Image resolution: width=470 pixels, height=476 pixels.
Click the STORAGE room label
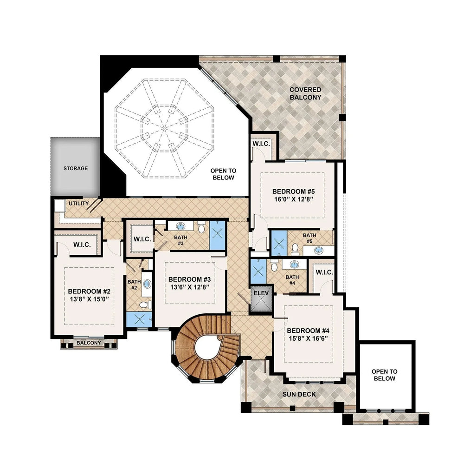pyautogui.click(x=75, y=168)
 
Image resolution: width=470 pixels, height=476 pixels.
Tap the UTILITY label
pyautogui.click(x=79, y=204)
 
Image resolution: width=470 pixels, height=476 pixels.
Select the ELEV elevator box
pyautogui.click(x=261, y=294)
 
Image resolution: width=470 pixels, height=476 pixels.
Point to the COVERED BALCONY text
pyautogui.click(x=305, y=93)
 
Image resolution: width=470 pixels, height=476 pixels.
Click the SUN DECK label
pyautogui.click(x=299, y=394)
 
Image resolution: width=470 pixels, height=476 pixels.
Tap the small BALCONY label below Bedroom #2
pyautogui.click(x=88, y=343)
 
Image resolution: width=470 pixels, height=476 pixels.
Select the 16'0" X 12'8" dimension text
pyautogui.click(x=293, y=199)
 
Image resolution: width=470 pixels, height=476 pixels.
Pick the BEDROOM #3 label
pyautogui.click(x=189, y=279)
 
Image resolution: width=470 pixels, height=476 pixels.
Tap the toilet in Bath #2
pyautogui.click(x=144, y=305)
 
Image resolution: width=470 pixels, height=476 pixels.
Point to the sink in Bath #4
pyautogui.click(x=294, y=264)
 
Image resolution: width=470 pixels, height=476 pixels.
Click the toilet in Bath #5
pyautogui.click(x=295, y=247)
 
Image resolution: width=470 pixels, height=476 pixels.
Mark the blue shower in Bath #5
pyautogui.click(x=279, y=243)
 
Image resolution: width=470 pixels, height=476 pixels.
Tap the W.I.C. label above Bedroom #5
pyautogui.click(x=261, y=144)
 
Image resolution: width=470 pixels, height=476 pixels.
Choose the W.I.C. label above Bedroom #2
pyautogui.click(x=82, y=245)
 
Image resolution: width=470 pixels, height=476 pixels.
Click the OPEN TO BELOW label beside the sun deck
pyautogui.click(x=385, y=375)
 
